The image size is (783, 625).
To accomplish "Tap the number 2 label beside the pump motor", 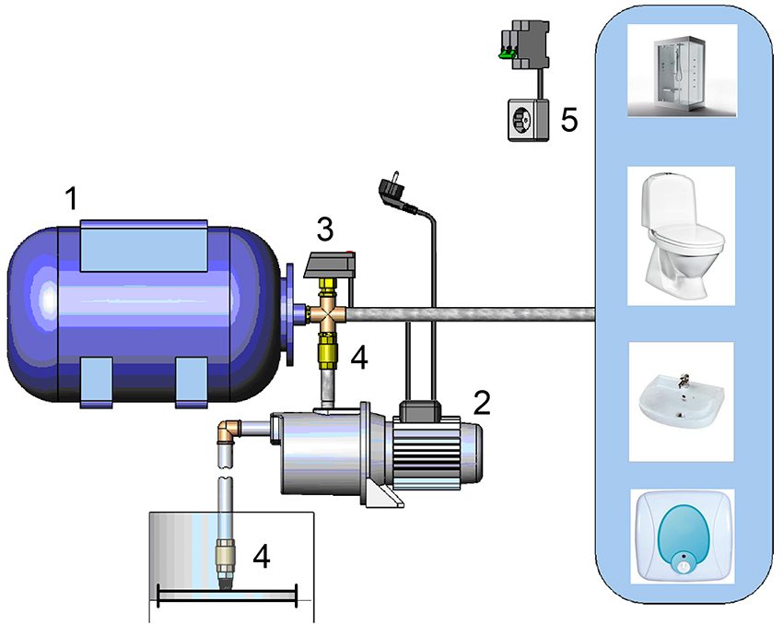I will click(480, 402).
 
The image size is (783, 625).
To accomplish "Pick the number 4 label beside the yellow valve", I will click(359, 359).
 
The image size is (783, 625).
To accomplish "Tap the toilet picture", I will click(681, 234).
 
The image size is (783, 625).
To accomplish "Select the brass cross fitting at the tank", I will click(326, 314).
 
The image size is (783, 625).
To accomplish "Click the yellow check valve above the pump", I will click(327, 355).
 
